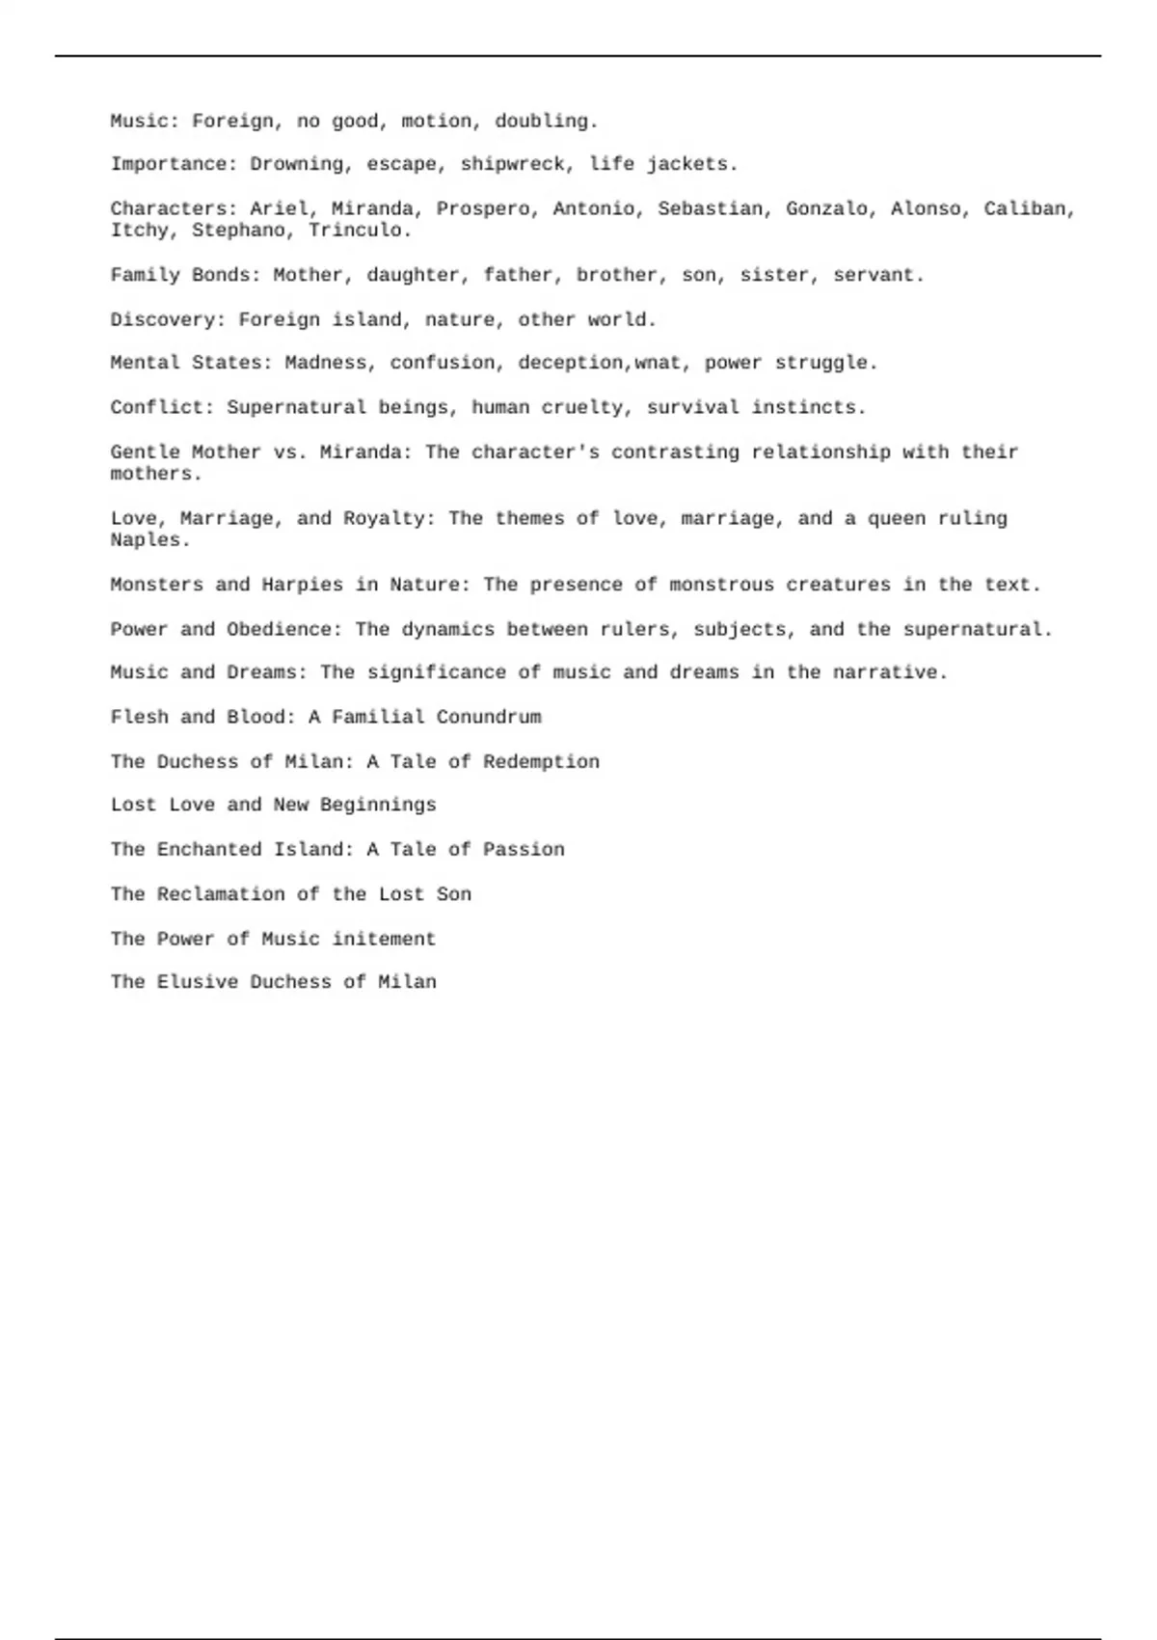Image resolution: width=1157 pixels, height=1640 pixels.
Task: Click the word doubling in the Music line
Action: click(x=546, y=122)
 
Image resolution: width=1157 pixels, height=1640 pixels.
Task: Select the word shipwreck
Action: click(x=511, y=165)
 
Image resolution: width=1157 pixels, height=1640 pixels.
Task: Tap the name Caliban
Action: click(x=1029, y=209)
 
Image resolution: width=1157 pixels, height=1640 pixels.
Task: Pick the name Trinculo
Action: click(x=360, y=231)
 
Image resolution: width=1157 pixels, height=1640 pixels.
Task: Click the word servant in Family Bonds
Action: click(x=877, y=276)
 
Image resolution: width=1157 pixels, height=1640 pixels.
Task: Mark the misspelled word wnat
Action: click(x=658, y=364)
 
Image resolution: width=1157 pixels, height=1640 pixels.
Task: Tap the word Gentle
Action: click(x=145, y=452)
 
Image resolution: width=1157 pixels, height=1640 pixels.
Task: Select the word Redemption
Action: click(x=541, y=762)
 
